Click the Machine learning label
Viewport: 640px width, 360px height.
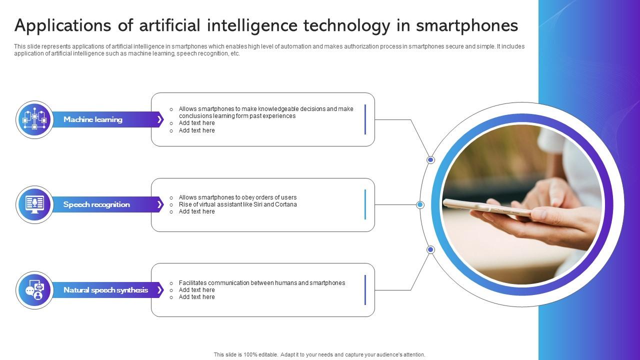pyautogui.click(x=93, y=119)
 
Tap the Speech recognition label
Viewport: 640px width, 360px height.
pyautogui.click(x=96, y=204)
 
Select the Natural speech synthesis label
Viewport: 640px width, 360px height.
pyautogui.click(x=105, y=290)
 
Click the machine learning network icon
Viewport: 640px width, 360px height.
pyautogui.click(x=34, y=119)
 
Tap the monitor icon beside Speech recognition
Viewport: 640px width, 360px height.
pyautogui.click(x=34, y=204)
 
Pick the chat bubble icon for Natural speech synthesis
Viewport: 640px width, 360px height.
pyautogui.click(x=34, y=290)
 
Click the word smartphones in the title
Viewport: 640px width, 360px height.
pyautogui.click(x=467, y=25)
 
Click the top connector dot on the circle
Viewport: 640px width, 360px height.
pyautogui.click(x=430, y=160)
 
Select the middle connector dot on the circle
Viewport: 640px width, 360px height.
pyautogui.click(x=420, y=204)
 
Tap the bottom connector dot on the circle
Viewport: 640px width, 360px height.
pyautogui.click(x=430, y=249)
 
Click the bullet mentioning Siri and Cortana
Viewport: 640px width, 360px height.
pyautogui.click(x=237, y=204)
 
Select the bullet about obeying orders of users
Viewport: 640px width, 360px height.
pyautogui.click(x=237, y=197)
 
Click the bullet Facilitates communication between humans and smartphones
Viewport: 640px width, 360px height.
pyautogui.click(x=261, y=283)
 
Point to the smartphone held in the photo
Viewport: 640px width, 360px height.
pyautogui.click(x=487, y=207)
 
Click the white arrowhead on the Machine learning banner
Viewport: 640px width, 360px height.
pyautogui.click(x=159, y=119)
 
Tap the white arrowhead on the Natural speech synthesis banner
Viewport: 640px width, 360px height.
pyautogui.click(x=159, y=290)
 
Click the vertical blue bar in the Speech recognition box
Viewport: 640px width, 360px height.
pyautogui.click(x=365, y=204)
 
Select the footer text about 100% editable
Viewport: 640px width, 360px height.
pyautogui.click(x=319, y=354)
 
